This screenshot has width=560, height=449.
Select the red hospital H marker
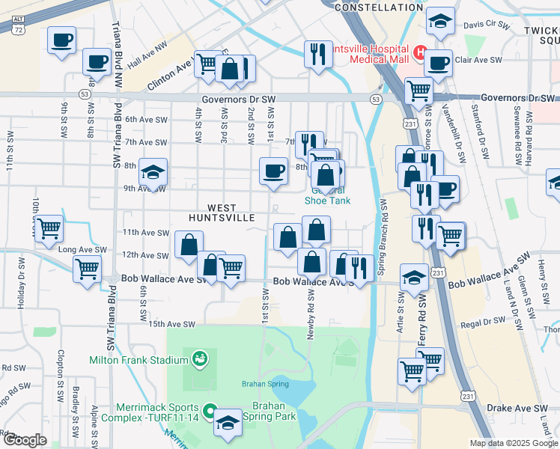[420, 54]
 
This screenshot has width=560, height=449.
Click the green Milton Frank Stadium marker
[199, 359]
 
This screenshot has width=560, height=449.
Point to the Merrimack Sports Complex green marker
[211, 411]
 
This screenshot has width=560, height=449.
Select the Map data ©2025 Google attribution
[514, 443]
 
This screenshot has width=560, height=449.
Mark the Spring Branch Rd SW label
[383, 233]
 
